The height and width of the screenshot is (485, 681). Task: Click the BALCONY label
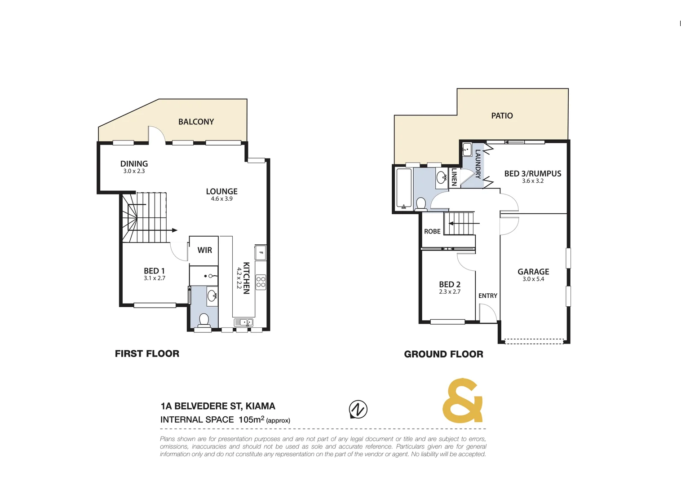196,122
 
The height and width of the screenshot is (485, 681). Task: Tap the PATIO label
502,116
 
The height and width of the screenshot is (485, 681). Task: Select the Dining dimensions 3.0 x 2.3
134,171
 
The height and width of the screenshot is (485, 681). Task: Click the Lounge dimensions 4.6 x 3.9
221,198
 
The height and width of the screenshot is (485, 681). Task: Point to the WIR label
204,250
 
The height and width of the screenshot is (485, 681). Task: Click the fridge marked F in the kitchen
261,252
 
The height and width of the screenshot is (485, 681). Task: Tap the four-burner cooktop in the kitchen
261,282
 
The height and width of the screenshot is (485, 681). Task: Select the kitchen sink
243,322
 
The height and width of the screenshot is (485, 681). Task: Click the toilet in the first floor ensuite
204,320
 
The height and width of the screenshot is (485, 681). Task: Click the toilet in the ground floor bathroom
421,204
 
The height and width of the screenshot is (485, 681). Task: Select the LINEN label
454,177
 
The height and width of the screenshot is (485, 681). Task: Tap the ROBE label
432,231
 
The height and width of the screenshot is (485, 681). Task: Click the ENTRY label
487,295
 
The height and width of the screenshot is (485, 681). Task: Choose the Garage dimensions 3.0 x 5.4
533,279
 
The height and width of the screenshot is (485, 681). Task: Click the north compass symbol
358,409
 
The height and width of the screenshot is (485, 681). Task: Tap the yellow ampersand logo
463,401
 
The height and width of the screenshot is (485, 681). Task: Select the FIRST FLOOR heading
147,353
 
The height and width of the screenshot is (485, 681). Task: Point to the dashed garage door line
533,341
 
